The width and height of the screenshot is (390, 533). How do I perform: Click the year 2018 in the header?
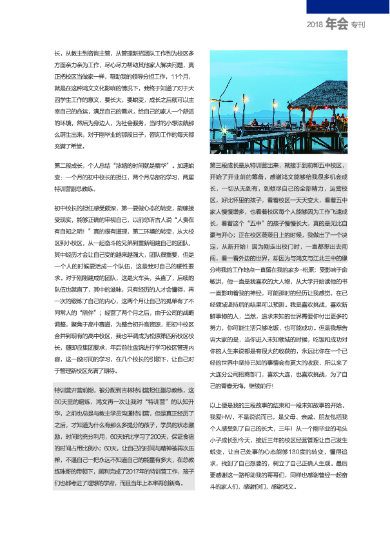pyautogui.click(x=315, y=25)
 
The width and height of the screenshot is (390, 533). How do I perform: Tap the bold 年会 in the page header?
pyautogui.click(x=336, y=25)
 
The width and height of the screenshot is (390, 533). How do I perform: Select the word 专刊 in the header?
pyautogui.click(x=358, y=26)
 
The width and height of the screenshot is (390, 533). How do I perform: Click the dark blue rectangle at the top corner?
pyautogui.click(x=347, y=6)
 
